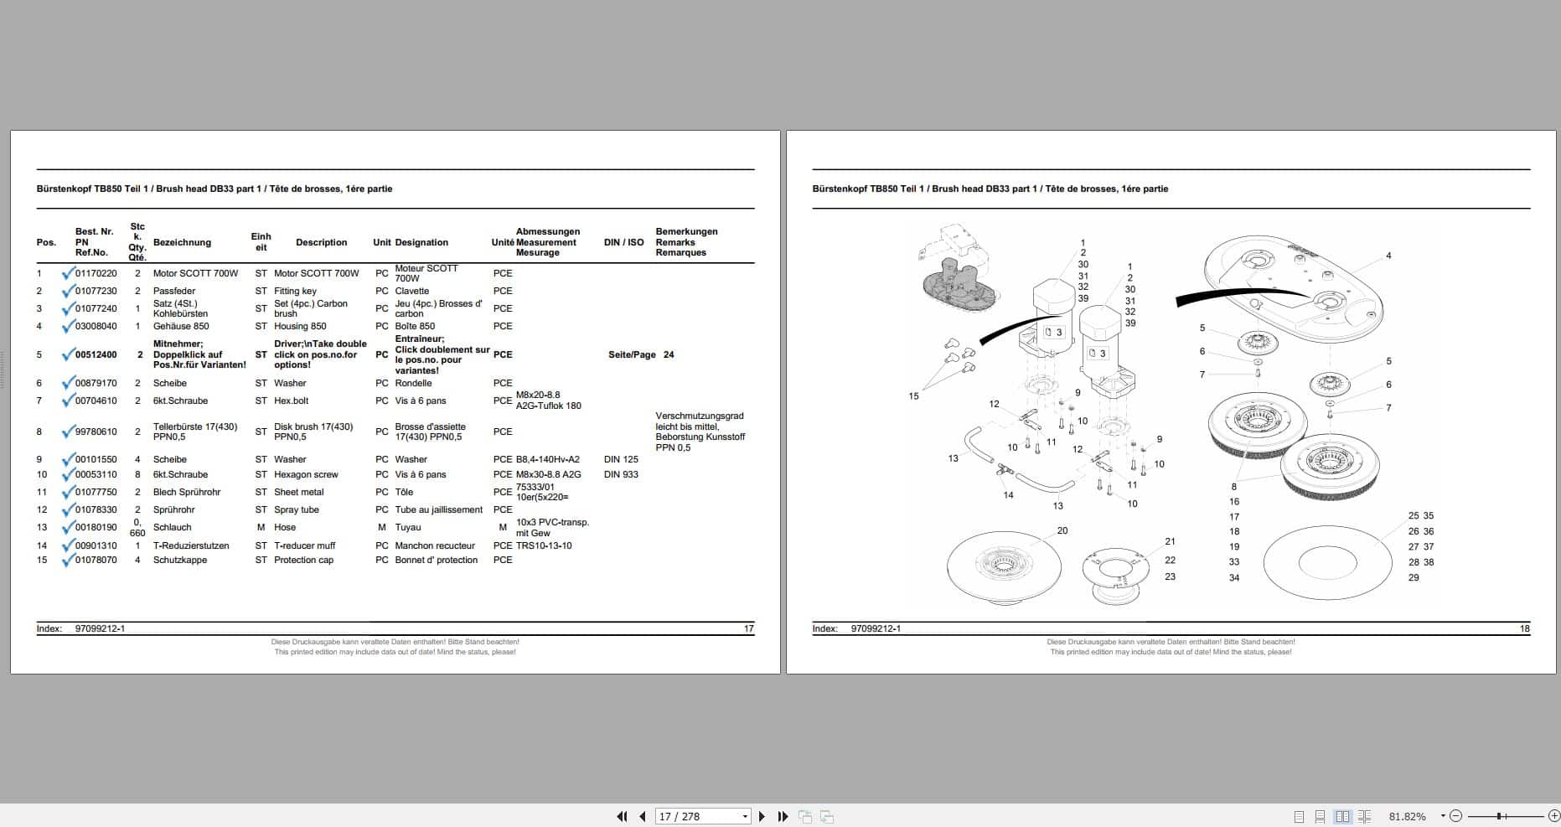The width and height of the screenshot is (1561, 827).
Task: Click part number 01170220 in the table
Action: click(x=96, y=273)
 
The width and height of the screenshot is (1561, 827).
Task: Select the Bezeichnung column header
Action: click(x=182, y=242)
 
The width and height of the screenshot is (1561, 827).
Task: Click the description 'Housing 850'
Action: click(x=300, y=326)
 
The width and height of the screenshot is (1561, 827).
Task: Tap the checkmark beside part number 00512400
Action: click(x=68, y=354)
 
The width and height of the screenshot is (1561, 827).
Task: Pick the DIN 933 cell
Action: click(x=621, y=474)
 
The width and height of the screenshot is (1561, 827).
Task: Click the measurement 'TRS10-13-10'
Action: click(x=544, y=545)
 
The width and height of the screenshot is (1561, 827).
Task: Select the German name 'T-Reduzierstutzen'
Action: click(x=191, y=545)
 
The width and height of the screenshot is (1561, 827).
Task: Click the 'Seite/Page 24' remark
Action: click(x=640, y=354)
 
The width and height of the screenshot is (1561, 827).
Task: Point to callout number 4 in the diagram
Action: click(x=1388, y=256)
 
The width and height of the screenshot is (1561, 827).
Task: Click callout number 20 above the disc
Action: click(x=1062, y=530)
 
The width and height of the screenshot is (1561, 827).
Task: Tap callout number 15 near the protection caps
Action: click(x=913, y=396)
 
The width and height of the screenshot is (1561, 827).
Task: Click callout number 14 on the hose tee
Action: click(x=1008, y=495)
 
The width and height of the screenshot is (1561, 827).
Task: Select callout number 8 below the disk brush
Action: click(x=1234, y=487)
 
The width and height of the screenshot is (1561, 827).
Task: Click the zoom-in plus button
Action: click(x=1553, y=816)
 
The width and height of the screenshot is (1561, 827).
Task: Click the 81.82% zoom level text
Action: click(x=1407, y=816)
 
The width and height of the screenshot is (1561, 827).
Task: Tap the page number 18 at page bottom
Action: click(x=1525, y=628)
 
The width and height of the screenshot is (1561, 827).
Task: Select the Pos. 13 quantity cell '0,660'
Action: click(x=137, y=527)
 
